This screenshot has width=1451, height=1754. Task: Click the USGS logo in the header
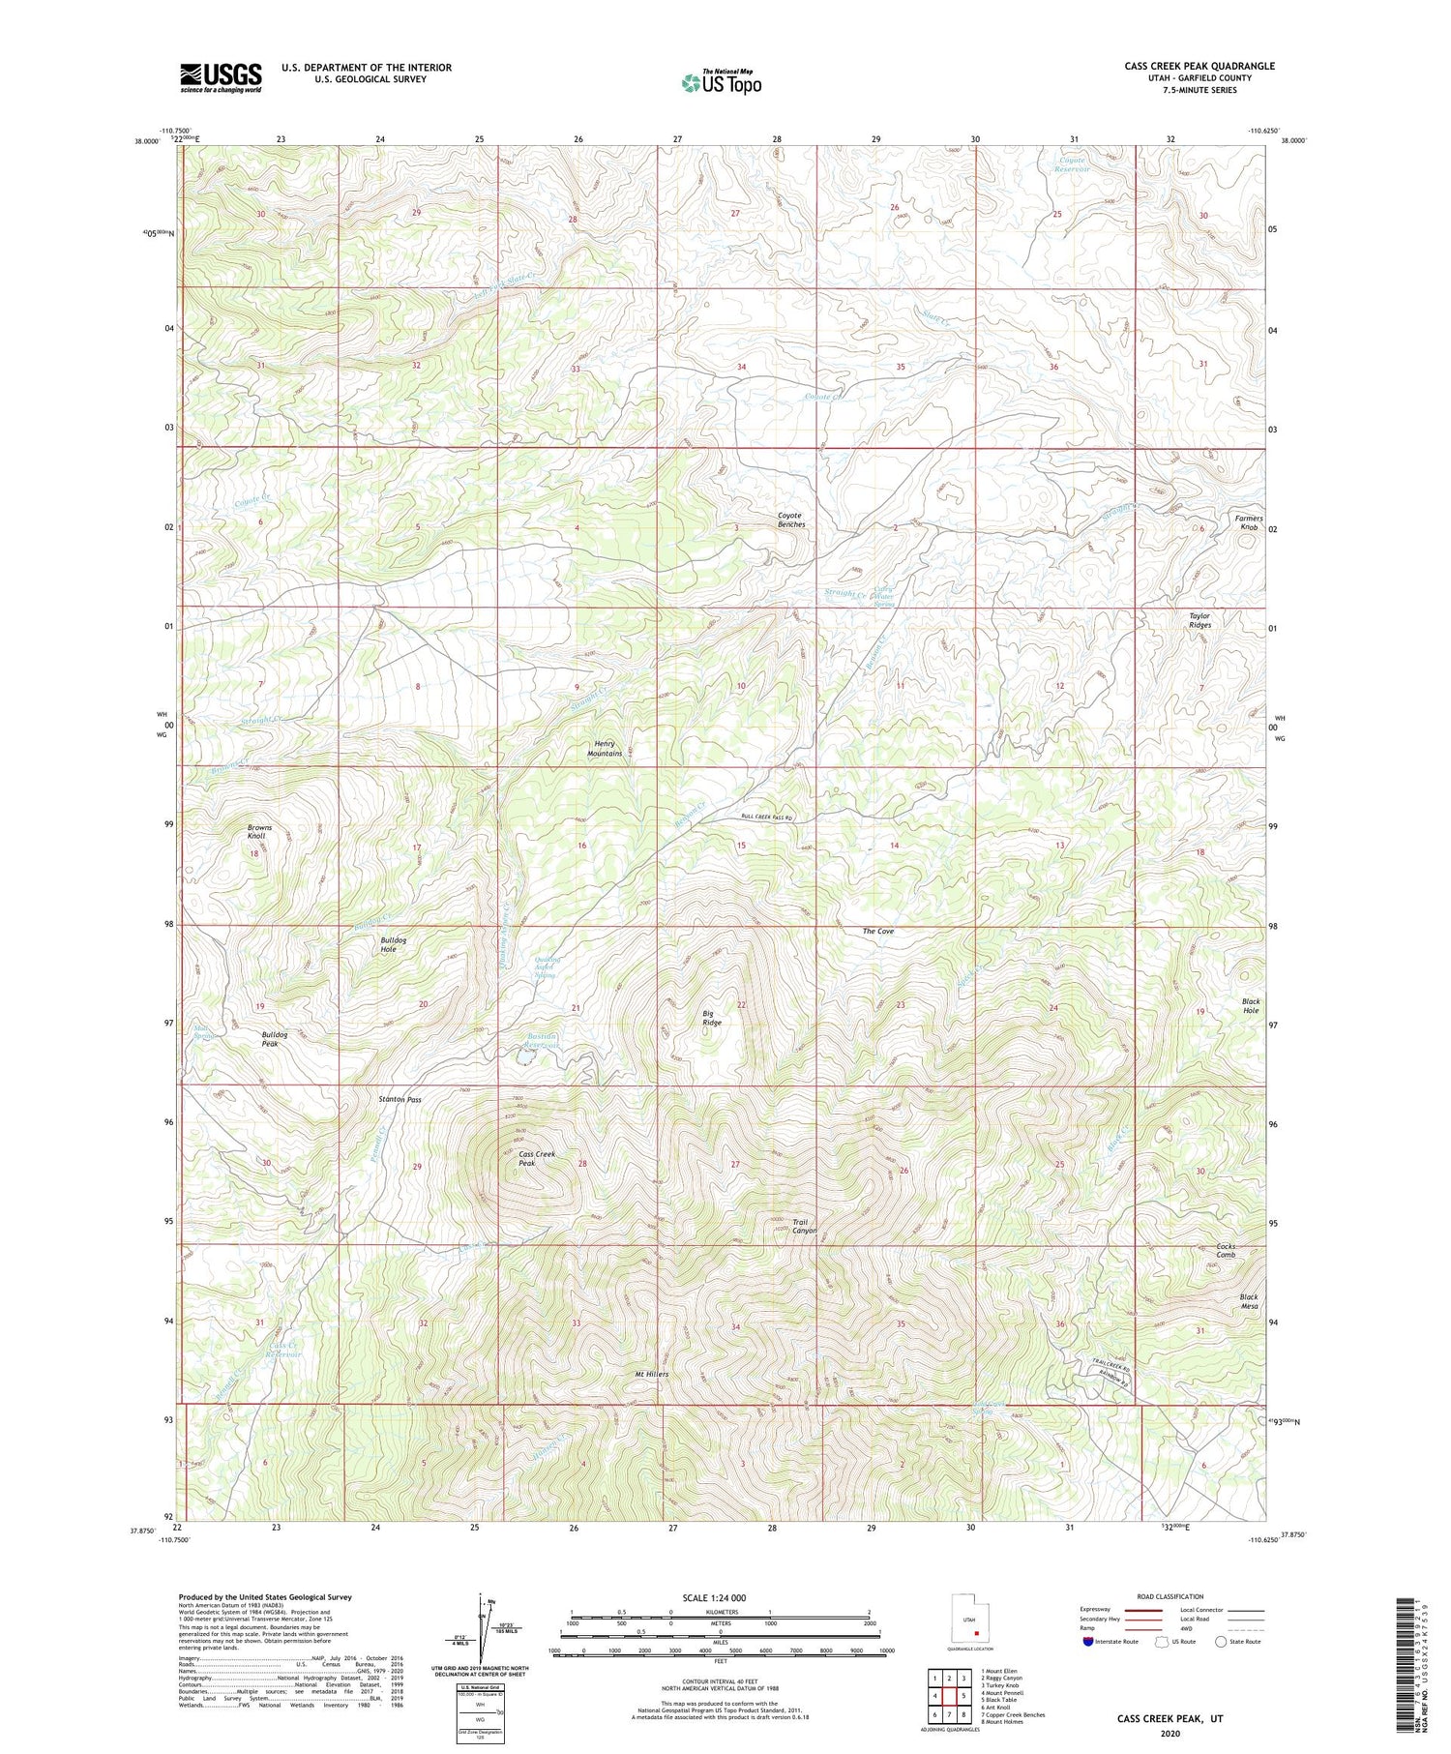(221, 77)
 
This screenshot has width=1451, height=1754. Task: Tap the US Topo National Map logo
(722, 82)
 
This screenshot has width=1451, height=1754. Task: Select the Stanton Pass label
(400, 1100)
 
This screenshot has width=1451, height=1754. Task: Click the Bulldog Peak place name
(275, 1039)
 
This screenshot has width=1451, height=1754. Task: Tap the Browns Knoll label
(259, 832)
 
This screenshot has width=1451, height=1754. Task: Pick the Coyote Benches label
(791, 520)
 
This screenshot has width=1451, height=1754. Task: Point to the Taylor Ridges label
(1199, 620)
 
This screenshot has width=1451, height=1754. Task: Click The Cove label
(877, 931)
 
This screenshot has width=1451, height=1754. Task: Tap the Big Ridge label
(712, 1018)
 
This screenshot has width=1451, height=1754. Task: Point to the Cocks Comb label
(1226, 1251)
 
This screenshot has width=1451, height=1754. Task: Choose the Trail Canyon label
(805, 1226)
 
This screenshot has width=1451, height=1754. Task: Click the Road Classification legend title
(1170, 1596)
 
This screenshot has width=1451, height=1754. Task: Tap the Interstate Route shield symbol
(1087, 1642)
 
